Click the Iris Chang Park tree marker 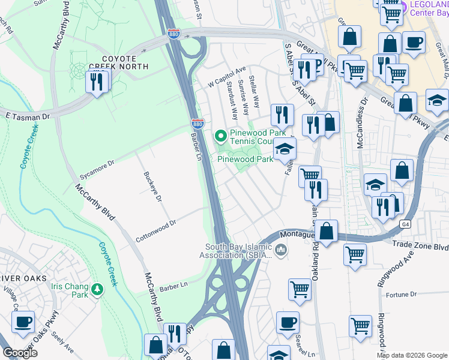97,290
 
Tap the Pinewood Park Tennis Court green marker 221,136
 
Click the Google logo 20,353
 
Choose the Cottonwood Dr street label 156,226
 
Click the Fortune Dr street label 402,294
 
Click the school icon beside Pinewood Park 285,149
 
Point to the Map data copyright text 412,355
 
